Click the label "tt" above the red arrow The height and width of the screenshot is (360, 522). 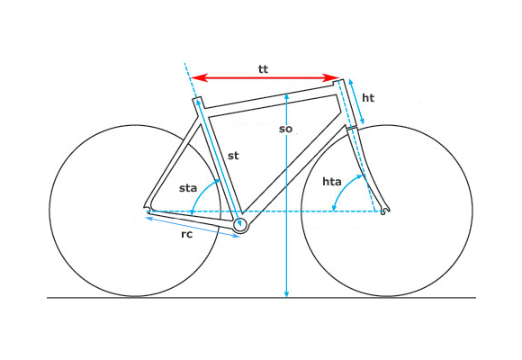pyautogui.click(x=263, y=69)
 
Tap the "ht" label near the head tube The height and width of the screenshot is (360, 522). pyautogui.click(x=368, y=98)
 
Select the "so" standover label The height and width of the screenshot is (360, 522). pyautogui.click(x=285, y=129)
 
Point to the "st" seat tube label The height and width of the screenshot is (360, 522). pyautogui.click(x=233, y=156)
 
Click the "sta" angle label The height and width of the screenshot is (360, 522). pyautogui.click(x=188, y=188)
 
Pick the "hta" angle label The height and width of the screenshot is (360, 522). pyautogui.click(x=332, y=182)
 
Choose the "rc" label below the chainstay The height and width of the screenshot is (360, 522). pyautogui.click(x=187, y=234)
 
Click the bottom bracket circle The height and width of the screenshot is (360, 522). pyautogui.click(x=240, y=226)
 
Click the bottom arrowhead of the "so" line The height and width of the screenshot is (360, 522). pyautogui.click(x=286, y=293)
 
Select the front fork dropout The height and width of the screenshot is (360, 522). pyautogui.click(x=384, y=211)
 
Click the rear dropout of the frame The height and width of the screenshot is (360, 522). pyautogui.click(x=147, y=209)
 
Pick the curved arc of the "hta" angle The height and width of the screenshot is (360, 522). pyautogui.click(x=345, y=189)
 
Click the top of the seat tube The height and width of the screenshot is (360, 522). pyautogui.click(x=197, y=99)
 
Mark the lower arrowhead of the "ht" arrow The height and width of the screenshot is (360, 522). pyautogui.click(x=362, y=121)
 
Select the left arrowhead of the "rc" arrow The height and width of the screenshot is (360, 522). pyautogui.click(x=149, y=218)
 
